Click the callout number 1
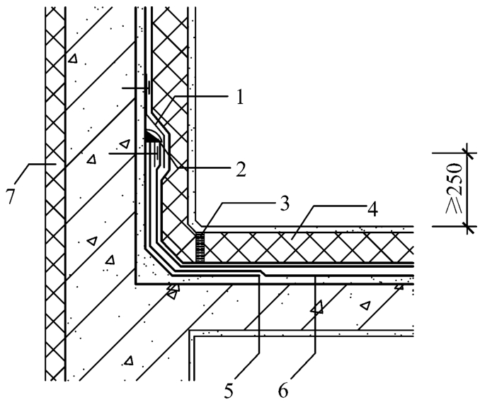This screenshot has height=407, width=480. pos(240,98)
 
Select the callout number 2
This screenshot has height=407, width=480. pos(240,170)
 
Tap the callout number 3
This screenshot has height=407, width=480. pos(284,203)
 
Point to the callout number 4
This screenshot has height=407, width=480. pos(372,209)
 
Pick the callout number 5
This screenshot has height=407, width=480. pos(229,391)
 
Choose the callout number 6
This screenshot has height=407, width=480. pos(283,391)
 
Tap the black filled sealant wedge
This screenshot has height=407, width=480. pos(152,136)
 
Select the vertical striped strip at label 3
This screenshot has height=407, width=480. pos(200,247)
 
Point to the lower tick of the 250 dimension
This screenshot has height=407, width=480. pos(468,226)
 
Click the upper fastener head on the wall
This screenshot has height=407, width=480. pos(149,88)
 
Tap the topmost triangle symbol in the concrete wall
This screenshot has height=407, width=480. pos(72,59)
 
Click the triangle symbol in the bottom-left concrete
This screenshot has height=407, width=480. pos(129,360)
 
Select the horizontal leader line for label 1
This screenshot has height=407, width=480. pos(202,96)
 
